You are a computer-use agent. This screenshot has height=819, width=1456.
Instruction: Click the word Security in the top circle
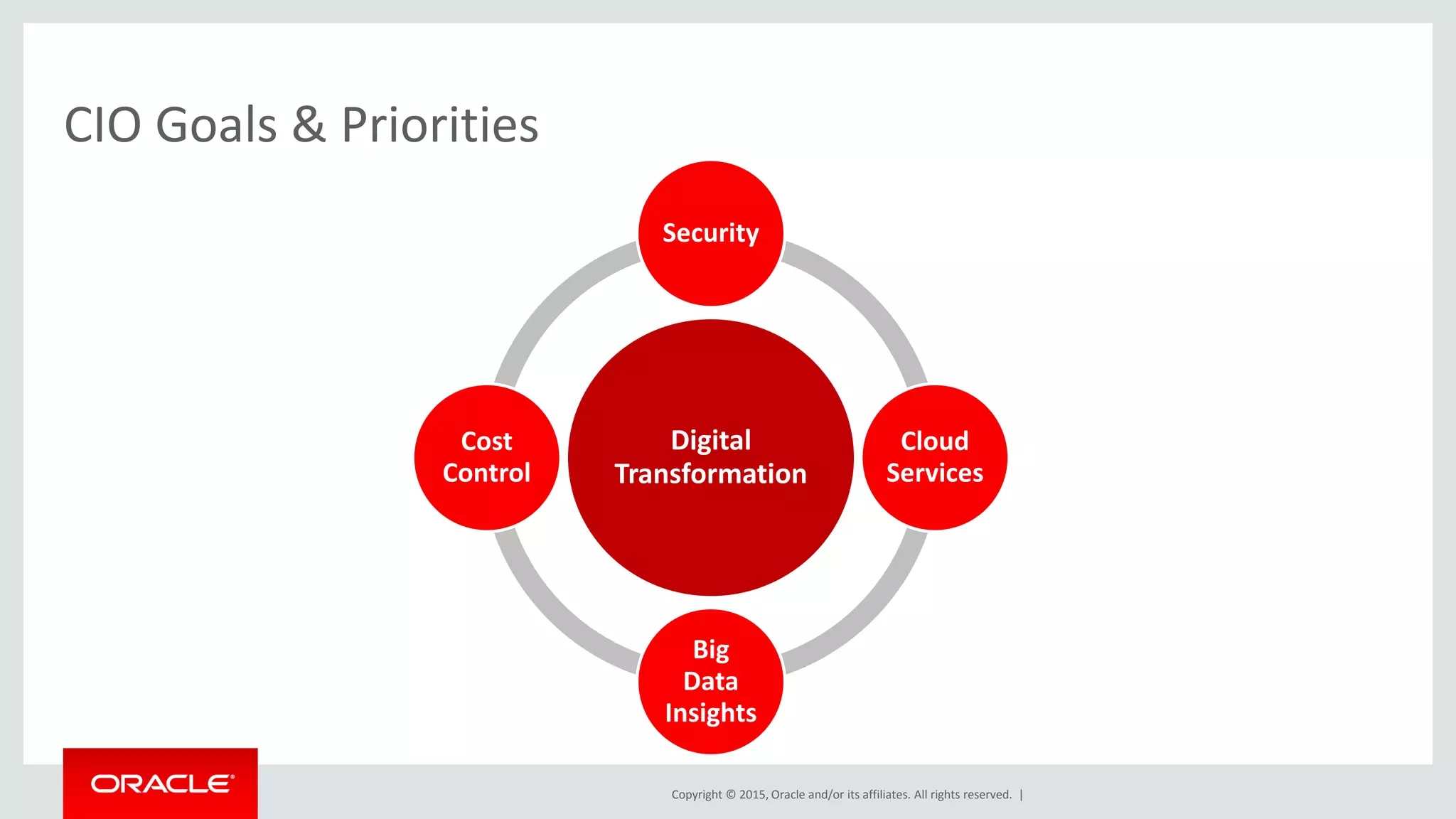point(710,233)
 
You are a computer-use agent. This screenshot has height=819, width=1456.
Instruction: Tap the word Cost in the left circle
point(486,441)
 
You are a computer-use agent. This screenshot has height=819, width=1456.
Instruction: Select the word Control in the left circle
point(486,473)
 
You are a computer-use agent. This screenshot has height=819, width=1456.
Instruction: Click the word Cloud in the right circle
point(934,441)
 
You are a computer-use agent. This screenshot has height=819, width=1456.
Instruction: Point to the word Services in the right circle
point(934,473)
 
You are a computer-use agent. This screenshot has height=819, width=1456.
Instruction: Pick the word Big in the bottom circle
point(710,650)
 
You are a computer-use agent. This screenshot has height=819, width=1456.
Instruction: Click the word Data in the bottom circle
point(710,681)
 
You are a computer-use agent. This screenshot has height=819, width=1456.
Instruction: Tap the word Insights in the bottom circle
point(710,713)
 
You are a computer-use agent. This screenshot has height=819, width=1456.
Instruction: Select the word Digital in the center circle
point(710,441)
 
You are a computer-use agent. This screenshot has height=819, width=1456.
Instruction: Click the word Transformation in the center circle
point(710,474)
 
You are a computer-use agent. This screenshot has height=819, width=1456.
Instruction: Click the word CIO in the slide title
point(102,125)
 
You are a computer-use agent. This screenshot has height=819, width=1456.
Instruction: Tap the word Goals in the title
point(215,125)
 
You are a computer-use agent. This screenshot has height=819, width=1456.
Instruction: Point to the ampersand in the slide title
point(309,125)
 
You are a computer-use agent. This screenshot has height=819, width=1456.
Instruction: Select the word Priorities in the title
point(439,125)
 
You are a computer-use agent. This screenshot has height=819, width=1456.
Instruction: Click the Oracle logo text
point(161,783)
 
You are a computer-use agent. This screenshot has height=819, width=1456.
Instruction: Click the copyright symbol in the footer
point(730,795)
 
